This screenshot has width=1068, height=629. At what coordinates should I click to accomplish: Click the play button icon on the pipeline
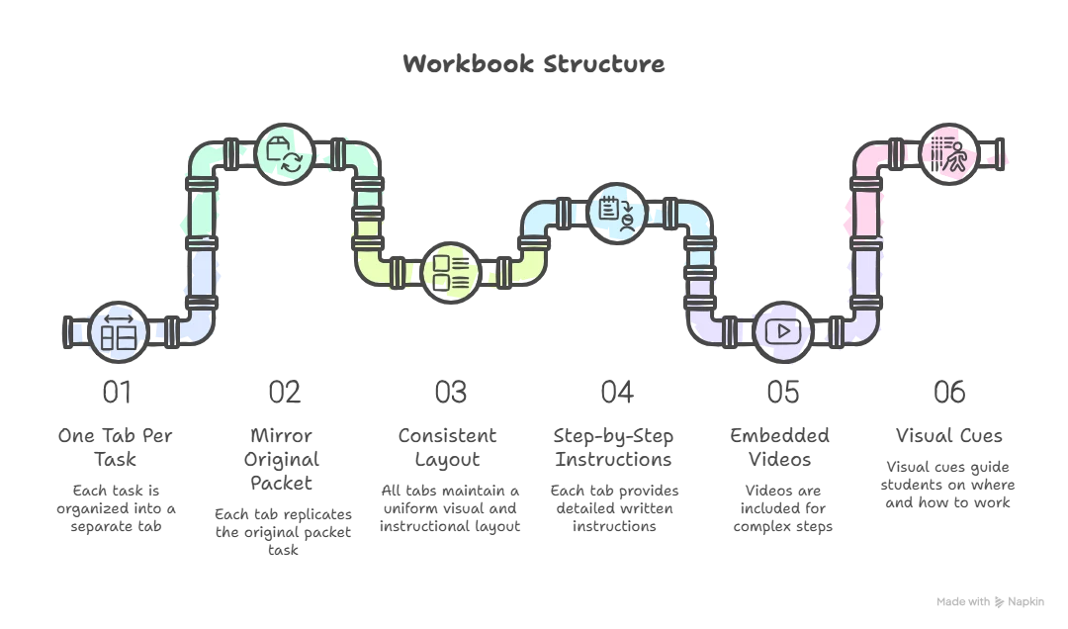click(782, 330)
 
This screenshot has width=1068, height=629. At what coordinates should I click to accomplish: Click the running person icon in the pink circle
click(949, 154)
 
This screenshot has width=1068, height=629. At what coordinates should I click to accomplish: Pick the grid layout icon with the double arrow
click(119, 331)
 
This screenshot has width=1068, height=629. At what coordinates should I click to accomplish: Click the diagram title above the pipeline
click(534, 65)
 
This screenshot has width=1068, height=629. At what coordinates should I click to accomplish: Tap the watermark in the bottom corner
click(988, 600)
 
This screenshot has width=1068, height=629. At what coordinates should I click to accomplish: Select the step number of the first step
click(119, 393)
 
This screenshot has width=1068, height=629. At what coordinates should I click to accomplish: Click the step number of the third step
click(451, 393)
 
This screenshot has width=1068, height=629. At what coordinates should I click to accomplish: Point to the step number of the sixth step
click(949, 393)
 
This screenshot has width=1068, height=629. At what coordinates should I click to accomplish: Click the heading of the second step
click(285, 458)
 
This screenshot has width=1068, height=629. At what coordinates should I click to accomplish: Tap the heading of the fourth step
click(617, 446)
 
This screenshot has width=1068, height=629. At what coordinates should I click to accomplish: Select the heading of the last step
click(949, 434)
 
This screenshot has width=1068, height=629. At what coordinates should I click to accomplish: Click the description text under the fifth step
click(783, 509)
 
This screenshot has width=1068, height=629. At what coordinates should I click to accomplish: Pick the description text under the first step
click(119, 509)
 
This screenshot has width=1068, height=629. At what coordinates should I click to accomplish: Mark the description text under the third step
click(451, 509)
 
